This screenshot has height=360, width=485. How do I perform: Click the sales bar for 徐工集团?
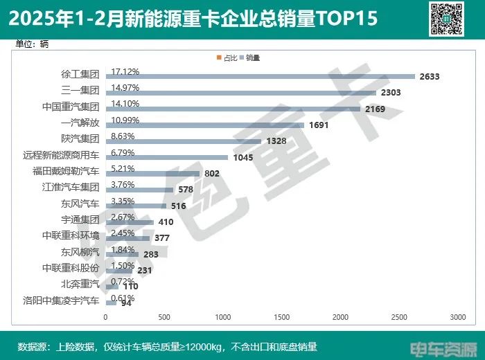click(x=260, y=76)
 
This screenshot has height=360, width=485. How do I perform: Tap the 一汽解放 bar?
click(x=204, y=125)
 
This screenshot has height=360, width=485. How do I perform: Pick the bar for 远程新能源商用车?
click(x=166, y=157)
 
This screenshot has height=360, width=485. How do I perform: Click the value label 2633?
click(x=430, y=76)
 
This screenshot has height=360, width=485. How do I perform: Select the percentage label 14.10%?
click(x=125, y=104)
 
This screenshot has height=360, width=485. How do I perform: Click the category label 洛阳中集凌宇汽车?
click(x=62, y=300)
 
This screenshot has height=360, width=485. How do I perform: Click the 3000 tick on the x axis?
click(x=456, y=317)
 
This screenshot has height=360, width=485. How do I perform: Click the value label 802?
click(x=212, y=173)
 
